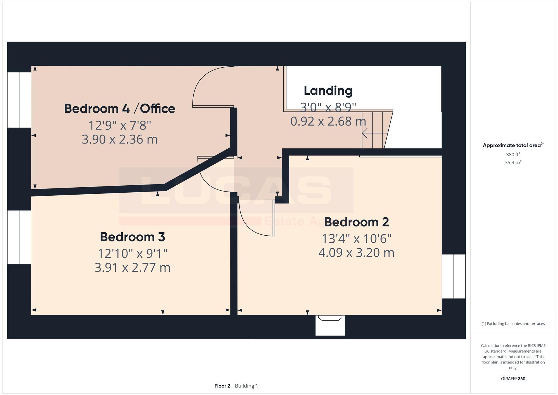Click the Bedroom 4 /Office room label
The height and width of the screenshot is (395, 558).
(x=119, y=109)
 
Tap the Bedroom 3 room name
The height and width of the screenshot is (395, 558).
(x=132, y=237)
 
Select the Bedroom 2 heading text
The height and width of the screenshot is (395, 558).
(x=356, y=222)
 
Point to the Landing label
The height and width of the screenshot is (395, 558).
(x=328, y=91)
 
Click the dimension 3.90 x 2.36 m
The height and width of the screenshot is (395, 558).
(x=119, y=139)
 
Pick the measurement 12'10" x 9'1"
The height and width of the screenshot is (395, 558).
(x=132, y=253)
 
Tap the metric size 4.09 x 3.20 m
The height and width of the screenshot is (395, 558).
(x=356, y=253)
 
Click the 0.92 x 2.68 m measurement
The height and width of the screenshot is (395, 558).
(x=328, y=121)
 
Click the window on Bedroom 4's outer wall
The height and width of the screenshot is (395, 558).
(x=19, y=100)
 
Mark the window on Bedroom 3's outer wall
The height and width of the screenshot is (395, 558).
(x=19, y=237)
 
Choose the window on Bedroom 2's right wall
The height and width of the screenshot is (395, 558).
(x=454, y=276)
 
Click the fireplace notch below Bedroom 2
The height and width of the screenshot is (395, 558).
(x=330, y=325)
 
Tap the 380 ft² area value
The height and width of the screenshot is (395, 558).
(x=513, y=155)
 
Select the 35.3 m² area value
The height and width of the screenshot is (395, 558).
(x=513, y=162)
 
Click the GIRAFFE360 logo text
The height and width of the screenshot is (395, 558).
(x=513, y=379)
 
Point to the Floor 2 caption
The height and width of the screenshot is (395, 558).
(x=222, y=386)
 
